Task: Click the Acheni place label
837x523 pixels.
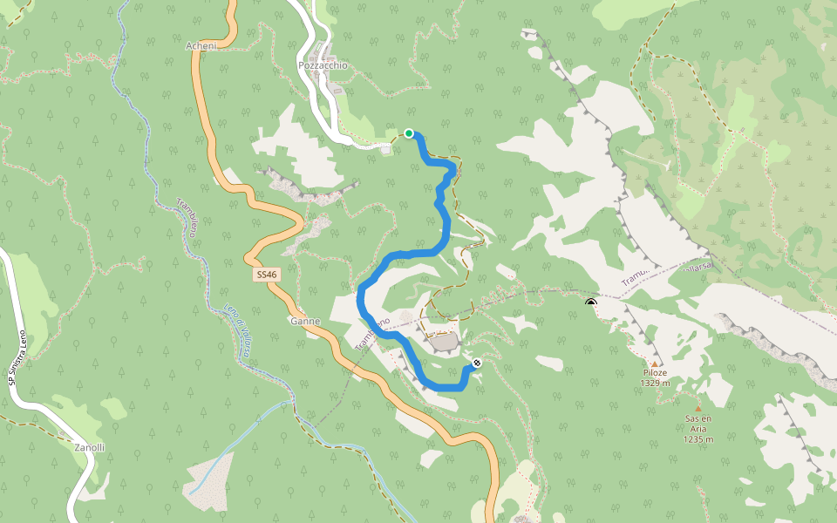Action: coord(201,45)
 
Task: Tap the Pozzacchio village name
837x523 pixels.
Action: coord(323,65)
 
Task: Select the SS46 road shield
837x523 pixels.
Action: coord(267,275)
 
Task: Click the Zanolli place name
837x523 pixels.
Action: coord(89,447)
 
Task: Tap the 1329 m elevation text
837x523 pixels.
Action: coord(655,383)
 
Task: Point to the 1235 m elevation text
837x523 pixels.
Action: coord(698,438)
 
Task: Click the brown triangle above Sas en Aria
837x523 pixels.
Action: coord(697,407)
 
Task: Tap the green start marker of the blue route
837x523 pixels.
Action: coord(408,133)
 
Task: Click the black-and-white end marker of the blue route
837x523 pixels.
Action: coord(476,363)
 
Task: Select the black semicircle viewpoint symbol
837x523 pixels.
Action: coord(591,302)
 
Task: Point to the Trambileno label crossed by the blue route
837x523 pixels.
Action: coord(377,334)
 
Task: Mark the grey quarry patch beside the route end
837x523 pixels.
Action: coord(445,343)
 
